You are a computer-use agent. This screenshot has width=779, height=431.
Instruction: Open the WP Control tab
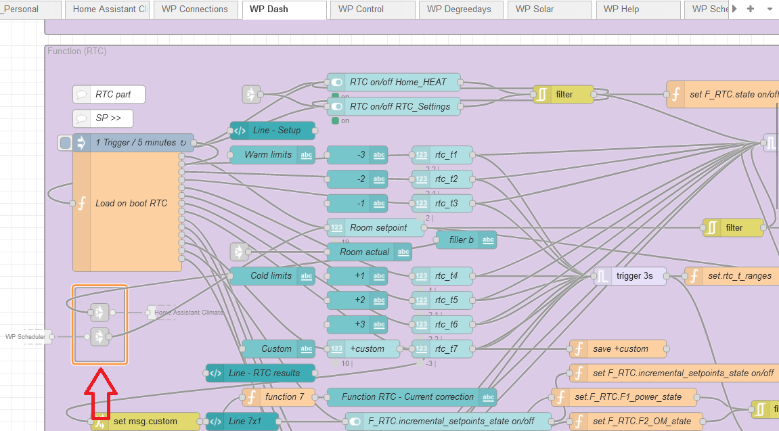tap(361, 9)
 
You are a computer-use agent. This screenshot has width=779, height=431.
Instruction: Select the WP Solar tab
tap(534, 9)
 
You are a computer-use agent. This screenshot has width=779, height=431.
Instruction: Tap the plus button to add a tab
tap(750, 9)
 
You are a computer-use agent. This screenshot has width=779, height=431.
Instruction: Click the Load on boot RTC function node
tap(131, 203)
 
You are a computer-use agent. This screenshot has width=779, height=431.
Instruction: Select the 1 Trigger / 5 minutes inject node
tap(135, 143)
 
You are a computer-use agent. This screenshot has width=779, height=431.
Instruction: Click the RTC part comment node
tap(109, 95)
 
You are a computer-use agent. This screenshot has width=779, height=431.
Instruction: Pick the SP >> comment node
tap(103, 118)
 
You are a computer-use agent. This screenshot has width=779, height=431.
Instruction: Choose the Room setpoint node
tap(377, 227)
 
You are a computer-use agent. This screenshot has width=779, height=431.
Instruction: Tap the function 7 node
tap(279, 397)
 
